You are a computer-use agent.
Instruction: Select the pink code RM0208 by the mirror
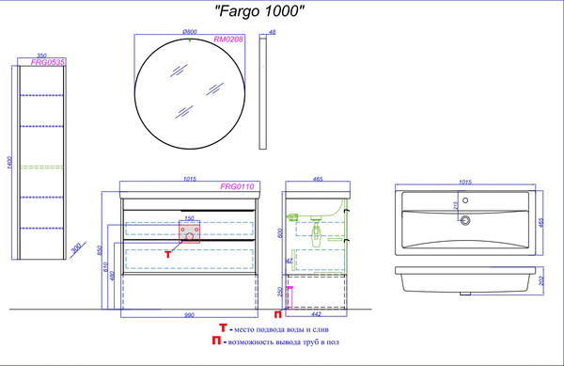228,40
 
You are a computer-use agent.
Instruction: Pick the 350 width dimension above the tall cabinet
41,56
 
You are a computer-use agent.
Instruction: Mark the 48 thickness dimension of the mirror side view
273,33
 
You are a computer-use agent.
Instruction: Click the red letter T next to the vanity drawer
166,254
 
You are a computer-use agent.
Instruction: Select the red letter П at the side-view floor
277,314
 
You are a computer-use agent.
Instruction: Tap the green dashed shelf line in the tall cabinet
44,167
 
